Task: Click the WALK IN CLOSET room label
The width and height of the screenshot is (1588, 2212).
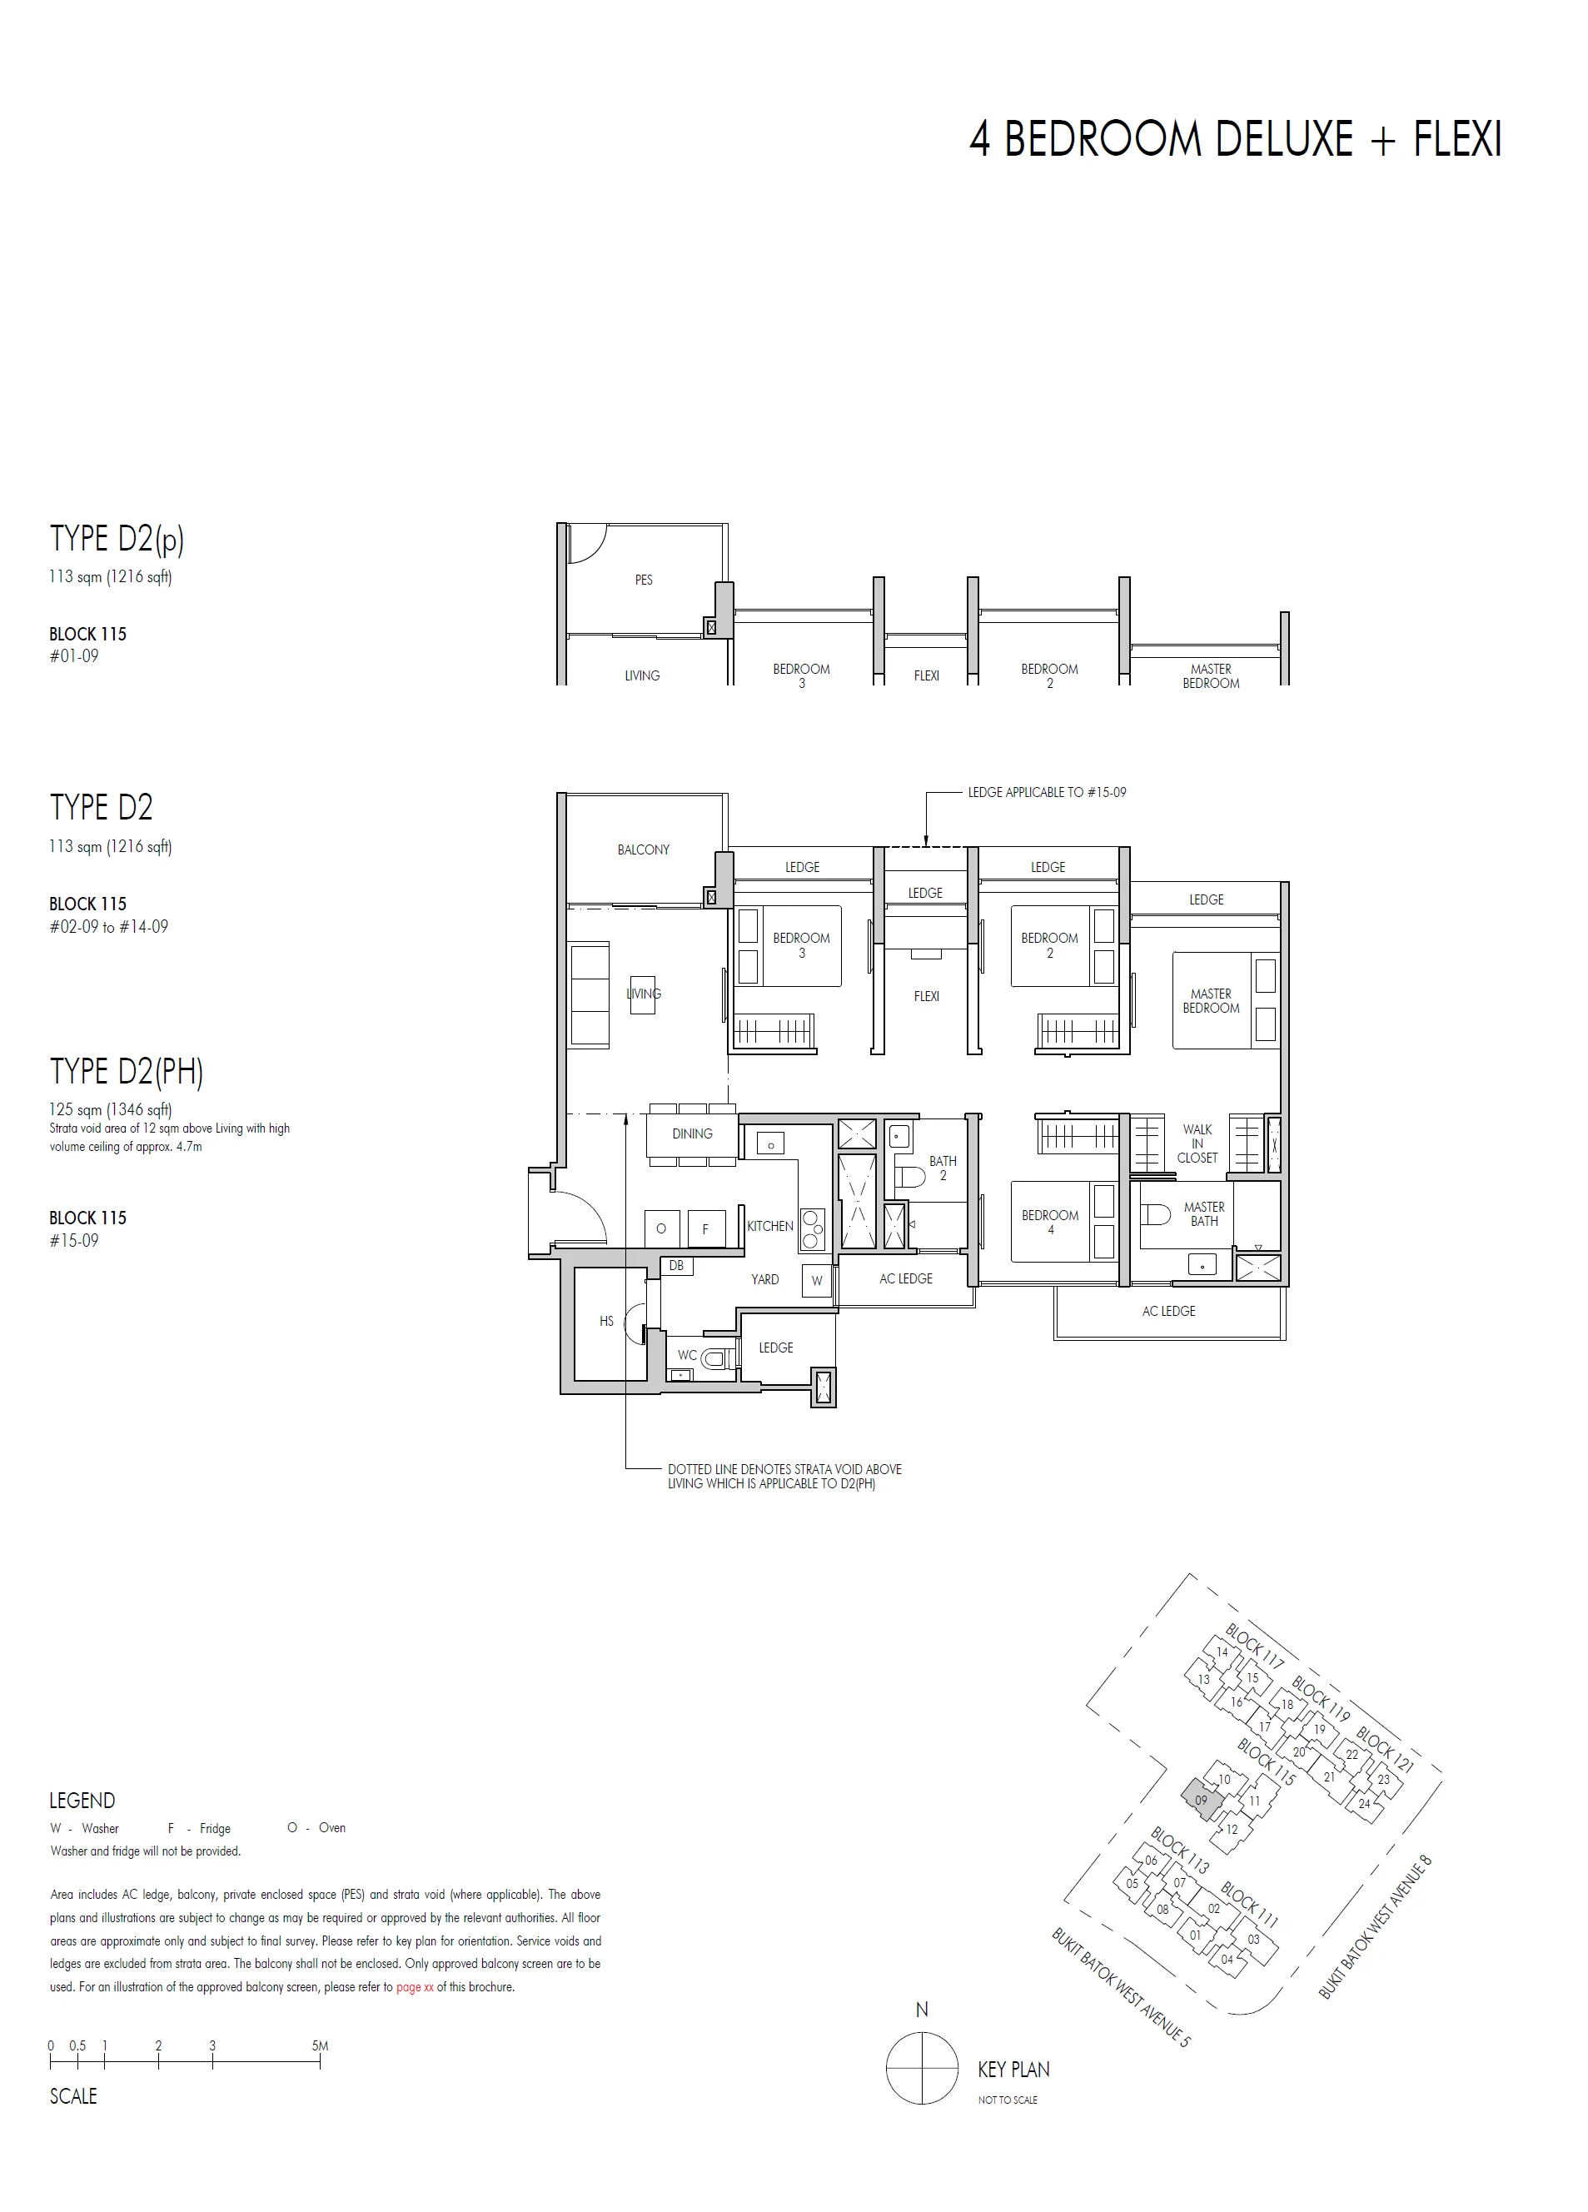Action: point(1197,1143)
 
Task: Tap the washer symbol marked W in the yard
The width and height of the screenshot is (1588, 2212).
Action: point(816,1281)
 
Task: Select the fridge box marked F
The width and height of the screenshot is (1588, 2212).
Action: point(705,1229)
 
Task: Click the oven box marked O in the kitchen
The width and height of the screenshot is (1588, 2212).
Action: point(661,1229)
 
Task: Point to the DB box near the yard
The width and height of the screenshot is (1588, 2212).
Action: point(676,1265)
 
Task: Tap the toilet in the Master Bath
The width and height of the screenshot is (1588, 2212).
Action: point(1157,1215)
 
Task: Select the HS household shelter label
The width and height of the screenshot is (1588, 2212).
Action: point(607,1322)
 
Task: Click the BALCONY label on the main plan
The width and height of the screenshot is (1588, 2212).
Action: point(643,849)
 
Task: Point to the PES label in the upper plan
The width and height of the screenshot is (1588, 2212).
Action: point(644,580)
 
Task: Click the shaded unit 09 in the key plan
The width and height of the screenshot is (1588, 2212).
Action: point(1201,1800)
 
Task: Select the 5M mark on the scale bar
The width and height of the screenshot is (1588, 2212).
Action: point(320,2045)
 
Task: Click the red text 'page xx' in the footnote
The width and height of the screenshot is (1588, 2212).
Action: point(415,1986)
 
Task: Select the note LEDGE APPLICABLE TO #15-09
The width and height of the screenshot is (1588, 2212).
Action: point(1047,792)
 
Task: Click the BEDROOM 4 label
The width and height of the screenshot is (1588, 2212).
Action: point(1049,1222)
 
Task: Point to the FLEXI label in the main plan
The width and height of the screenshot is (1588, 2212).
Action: point(926,996)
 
